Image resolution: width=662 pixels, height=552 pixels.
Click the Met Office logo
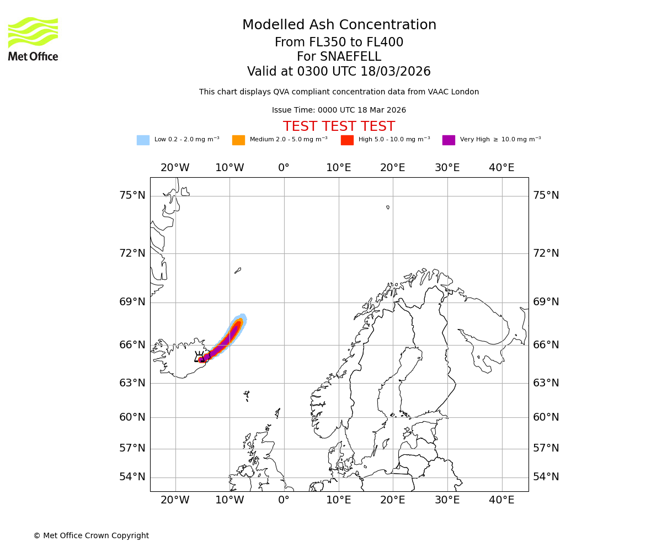33,39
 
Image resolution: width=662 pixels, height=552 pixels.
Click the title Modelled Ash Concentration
339,25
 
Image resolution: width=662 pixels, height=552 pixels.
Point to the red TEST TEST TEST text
339,126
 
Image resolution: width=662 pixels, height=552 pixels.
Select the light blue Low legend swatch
143,140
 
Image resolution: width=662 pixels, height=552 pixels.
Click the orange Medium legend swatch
238,140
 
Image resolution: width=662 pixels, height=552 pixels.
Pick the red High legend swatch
347,140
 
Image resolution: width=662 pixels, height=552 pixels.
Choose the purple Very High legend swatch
449,140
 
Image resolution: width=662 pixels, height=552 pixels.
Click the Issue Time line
339,110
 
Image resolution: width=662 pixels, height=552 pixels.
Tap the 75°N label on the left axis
132,195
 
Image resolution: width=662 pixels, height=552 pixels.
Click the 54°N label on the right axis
546,477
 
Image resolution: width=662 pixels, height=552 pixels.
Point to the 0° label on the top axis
284,168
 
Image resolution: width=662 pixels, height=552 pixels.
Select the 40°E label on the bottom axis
501,500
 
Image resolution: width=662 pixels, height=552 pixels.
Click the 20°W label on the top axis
175,168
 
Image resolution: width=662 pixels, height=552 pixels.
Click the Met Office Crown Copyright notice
91,535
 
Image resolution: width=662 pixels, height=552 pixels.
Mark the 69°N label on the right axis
546,302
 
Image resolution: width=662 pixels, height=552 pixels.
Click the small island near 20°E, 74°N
388,208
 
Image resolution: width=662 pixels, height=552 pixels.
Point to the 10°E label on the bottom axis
338,500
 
